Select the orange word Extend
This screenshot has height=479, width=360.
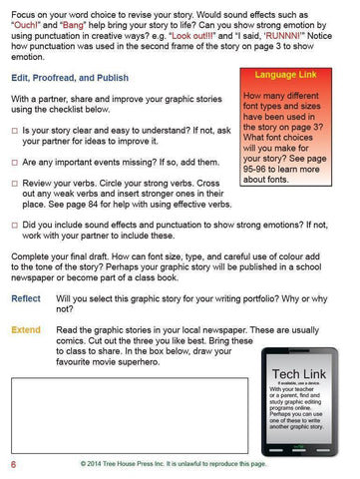pos(25,328)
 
